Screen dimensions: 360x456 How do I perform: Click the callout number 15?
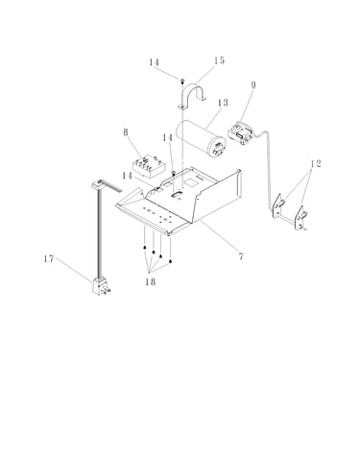point(219,60)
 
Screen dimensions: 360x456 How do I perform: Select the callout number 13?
point(223,103)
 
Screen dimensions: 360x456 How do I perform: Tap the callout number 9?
point(253,85)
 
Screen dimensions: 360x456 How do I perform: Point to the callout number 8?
point(126,132)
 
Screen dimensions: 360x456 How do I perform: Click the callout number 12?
point(315,163)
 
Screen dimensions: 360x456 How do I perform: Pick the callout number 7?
point(241,256)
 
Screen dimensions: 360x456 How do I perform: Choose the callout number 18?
point(150,281)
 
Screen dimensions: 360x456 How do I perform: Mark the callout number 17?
point(49,258)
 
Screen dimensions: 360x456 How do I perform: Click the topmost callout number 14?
point(154,62)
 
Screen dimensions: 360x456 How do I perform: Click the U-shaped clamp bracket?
point(192,87)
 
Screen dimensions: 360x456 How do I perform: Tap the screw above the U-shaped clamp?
point(182,81)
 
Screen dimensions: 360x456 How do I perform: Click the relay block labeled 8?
point(149,167)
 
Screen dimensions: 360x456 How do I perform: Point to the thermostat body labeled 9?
point(242,134)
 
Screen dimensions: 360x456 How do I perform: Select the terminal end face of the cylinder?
point(219,148)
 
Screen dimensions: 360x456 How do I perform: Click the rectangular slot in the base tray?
point(177,195)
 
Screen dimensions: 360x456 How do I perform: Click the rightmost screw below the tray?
point(170,261)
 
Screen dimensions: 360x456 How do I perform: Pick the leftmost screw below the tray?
point(145,248)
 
